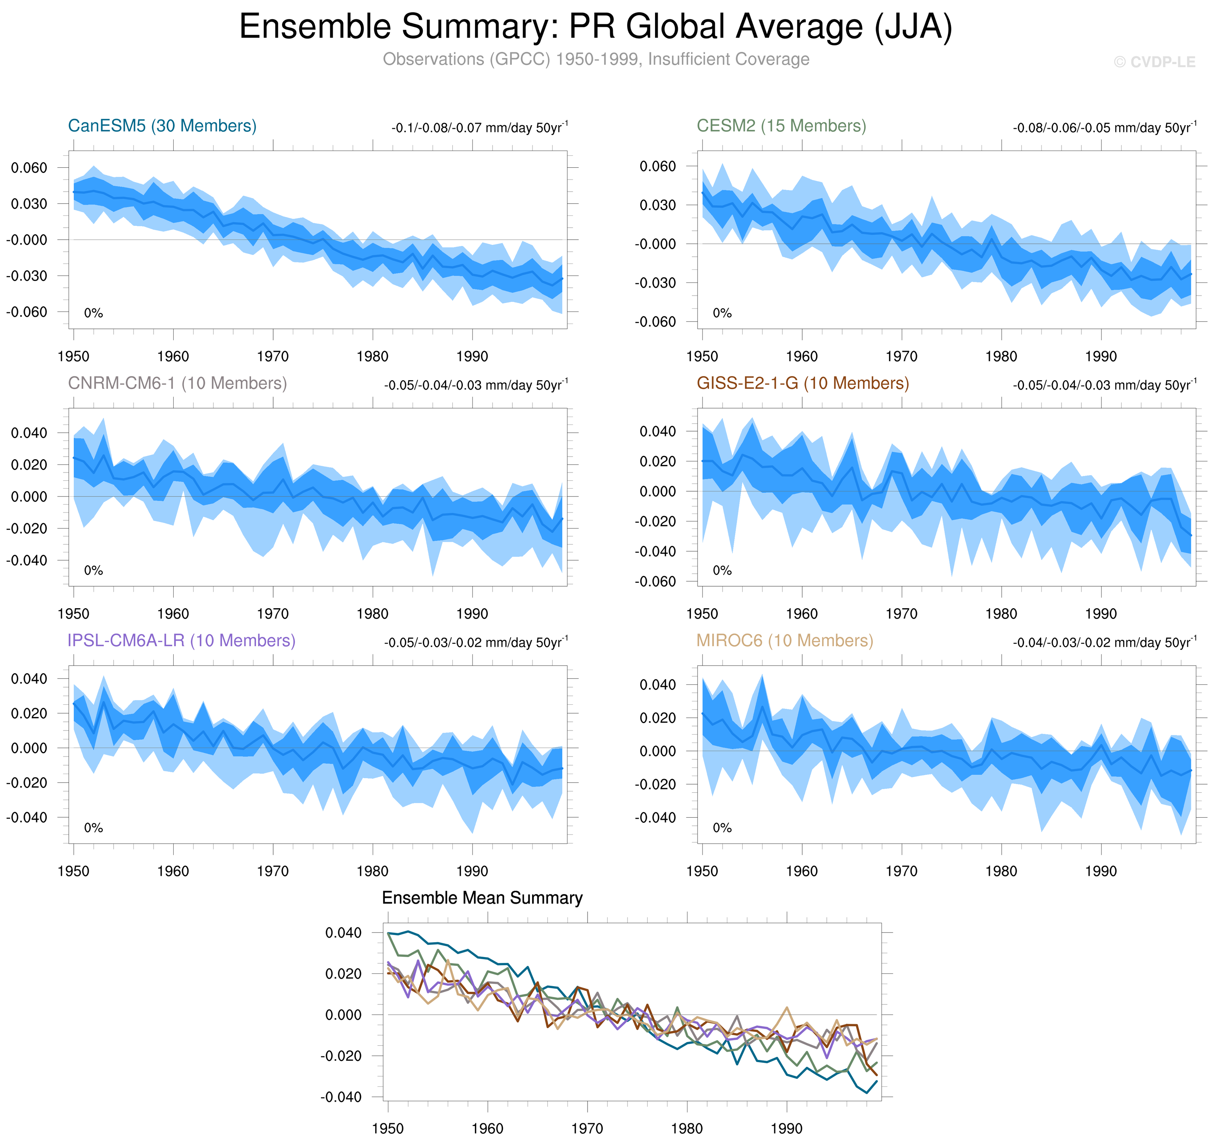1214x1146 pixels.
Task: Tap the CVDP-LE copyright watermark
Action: (x=1154, y=62)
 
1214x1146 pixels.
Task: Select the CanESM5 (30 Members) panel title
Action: (x=162, y=126)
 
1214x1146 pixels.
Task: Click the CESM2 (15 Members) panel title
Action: (x=781, y=126)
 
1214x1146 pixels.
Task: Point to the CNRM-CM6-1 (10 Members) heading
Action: (x=177, y=383)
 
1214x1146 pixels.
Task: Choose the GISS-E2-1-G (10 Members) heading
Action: (x=802, y=383)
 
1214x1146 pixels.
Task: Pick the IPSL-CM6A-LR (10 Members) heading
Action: (x=181, y=640)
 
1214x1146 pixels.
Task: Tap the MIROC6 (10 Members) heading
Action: (x=785, y=640)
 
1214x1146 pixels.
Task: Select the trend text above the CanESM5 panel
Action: (x=479, y=128)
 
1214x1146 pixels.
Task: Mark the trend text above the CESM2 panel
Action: (x=1104, y=128)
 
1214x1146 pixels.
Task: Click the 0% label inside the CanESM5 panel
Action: (x=94, y=313)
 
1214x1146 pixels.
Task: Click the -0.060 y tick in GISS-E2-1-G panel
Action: (x=655, y=581)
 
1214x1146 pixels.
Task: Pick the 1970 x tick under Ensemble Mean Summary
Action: (x=587, y=1129)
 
